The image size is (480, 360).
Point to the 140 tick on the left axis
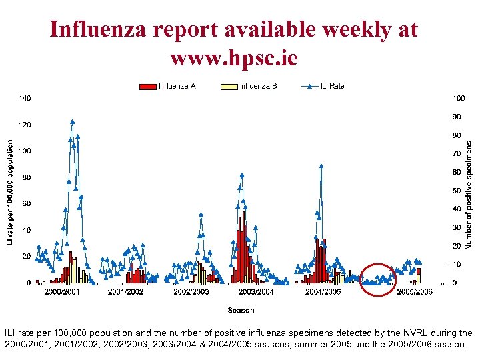[25, 99]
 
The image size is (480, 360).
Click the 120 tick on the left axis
[25, 125]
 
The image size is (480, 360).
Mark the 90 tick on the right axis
[457, 117]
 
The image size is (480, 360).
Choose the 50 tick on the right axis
[457, 191]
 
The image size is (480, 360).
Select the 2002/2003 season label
[191, 292]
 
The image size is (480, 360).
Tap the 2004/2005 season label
[323, 292]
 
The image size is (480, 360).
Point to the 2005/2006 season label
[414, 292]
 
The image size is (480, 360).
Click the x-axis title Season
[241, 310]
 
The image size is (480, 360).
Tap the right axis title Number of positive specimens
[469, 195]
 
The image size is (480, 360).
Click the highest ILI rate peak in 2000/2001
[72, 122]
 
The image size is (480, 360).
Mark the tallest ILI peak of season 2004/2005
[321, 165]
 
